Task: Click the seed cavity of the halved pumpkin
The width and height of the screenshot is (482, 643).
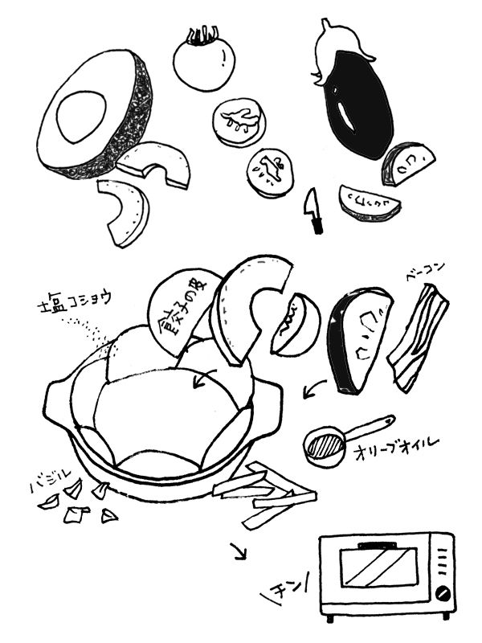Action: pos(80,115)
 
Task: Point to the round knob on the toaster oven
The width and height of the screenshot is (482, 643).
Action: pos(442,594)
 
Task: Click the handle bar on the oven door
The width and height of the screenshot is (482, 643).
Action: pos(378,546)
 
